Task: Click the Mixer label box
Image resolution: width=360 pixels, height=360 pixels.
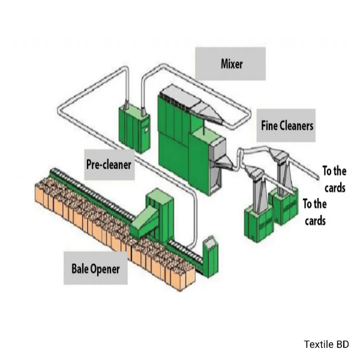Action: [231, 64]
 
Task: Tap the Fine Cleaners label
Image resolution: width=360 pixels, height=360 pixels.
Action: [287, 125]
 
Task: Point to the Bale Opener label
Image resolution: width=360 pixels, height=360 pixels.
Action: [95, 268]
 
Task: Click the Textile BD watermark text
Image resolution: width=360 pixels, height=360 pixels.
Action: [326, 344]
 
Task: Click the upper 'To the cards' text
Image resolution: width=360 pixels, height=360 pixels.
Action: [334, 179]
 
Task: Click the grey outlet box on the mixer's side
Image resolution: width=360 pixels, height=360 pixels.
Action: [215, 150]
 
